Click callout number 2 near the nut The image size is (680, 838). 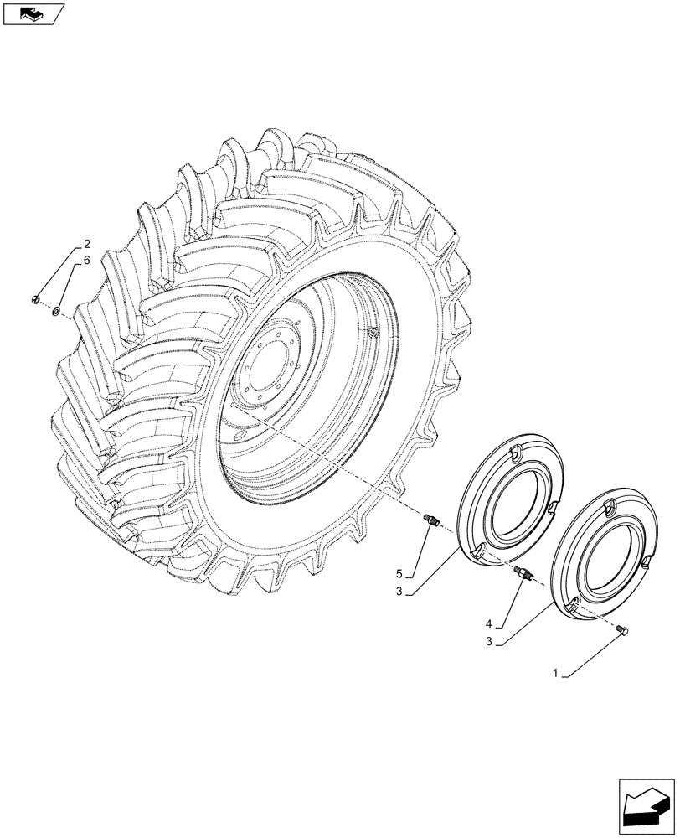(86, 246)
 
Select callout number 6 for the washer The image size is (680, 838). (86, 261)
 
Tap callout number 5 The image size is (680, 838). (400, 573)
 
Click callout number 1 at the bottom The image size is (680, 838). (555, 673)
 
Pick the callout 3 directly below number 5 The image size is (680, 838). (400, 592)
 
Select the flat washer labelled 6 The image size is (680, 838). (54, 311)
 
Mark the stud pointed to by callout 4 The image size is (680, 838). (525, 576)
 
